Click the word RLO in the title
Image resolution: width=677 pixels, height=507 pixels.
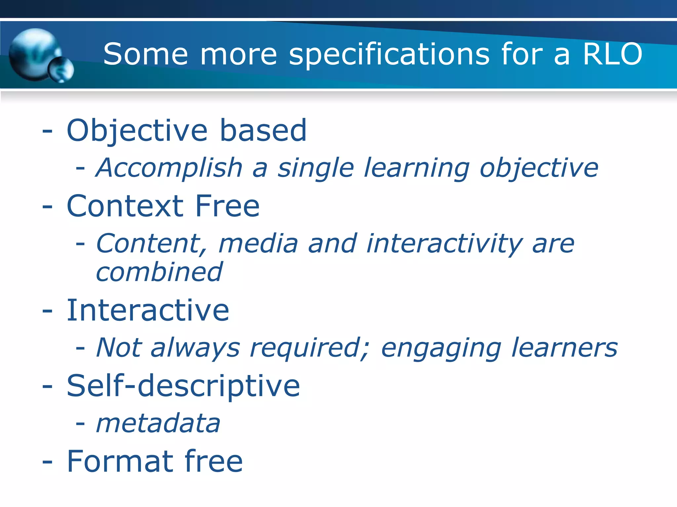click(x=612, y=54)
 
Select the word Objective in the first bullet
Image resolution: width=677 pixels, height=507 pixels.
click(x=137, y=131)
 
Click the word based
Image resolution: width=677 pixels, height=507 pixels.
click(x=263, y=130)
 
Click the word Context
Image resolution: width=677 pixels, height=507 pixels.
click(x=125, y=206)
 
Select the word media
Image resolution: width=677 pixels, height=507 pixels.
click(x=258, y=243)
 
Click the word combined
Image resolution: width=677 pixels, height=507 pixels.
click(x=159, y=272)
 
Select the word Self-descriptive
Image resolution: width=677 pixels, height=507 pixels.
click(x=183, y=386)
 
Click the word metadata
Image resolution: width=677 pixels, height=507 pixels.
click(x=158, y=423)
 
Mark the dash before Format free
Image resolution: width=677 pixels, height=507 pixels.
click(x=47, y=462)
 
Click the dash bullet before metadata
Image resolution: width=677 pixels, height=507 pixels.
click(x=80, y=424)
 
